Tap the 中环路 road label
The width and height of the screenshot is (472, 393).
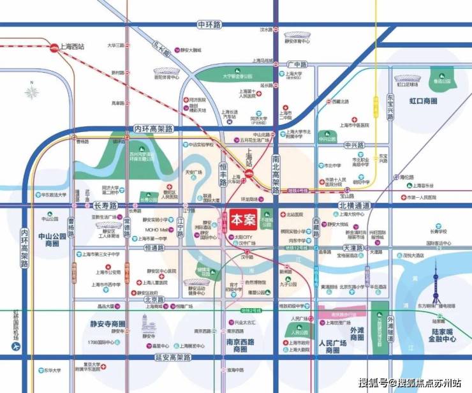point(209,25)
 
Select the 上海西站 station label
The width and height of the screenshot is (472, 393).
point(71,46)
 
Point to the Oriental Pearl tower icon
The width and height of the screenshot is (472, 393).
point(436,284)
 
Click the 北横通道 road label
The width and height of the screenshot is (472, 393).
point(354,205)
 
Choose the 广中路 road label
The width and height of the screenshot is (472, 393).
point(297,64)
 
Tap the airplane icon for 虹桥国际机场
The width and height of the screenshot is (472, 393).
point(13,348)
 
